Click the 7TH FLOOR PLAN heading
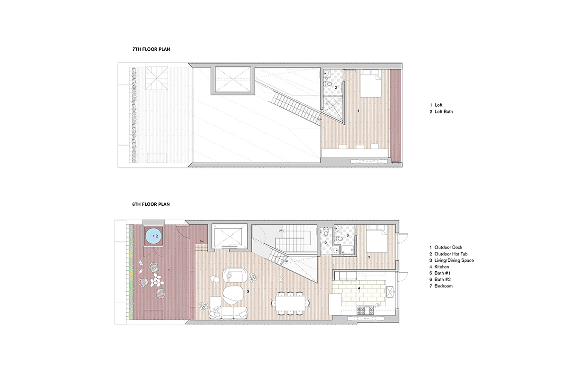tap(151, 49)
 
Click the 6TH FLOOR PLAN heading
tap(151, 204)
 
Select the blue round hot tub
tap(153, 235)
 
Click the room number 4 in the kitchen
tap(359, 288)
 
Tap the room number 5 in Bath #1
tap(326, 242)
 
